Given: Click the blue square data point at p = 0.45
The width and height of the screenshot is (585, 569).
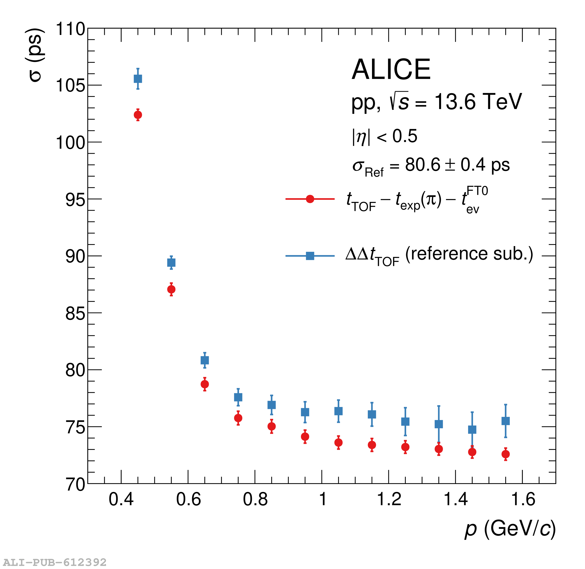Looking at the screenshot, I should tap(138, 79).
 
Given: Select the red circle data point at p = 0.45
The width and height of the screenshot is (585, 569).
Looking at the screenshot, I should tap(138, 115).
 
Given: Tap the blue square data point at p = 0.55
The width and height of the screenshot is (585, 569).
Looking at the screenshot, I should tap(171, 263).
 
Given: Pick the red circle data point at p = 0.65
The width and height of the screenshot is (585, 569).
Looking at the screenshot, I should tap(205, 384).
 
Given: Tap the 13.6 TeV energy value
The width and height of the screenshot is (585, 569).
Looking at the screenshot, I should tap(478, 102).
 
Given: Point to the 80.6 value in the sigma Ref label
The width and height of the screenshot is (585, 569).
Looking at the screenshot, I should tap(422, 165).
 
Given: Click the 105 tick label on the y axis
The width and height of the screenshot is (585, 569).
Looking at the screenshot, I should tap(71, 86).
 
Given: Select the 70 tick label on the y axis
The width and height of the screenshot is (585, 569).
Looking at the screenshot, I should tap(75, 484).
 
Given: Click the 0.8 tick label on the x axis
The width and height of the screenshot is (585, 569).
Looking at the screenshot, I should tap(255, 499).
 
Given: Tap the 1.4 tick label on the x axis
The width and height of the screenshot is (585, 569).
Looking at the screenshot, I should tap(455, 499).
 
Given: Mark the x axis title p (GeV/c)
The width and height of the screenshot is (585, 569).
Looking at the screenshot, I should tap(510, 529).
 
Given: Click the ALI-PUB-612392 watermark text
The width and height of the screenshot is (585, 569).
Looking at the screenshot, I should tap(55, 562).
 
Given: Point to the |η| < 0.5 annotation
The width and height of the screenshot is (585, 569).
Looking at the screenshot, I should tap(384, 136).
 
